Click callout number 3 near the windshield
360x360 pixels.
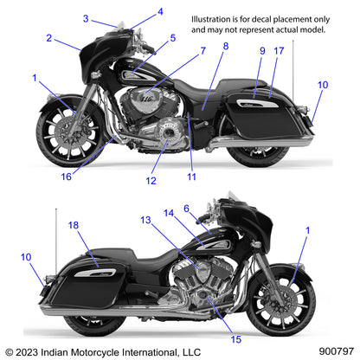(86, 18)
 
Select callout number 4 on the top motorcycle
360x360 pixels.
(159, 12)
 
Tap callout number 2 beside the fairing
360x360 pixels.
(49, 38)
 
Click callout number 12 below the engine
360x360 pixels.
(151, 181)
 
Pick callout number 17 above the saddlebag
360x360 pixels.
(278, 51)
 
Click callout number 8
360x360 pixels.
(225, 45)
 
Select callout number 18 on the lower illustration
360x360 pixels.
(74, 225)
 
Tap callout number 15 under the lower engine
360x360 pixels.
(212, 326)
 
